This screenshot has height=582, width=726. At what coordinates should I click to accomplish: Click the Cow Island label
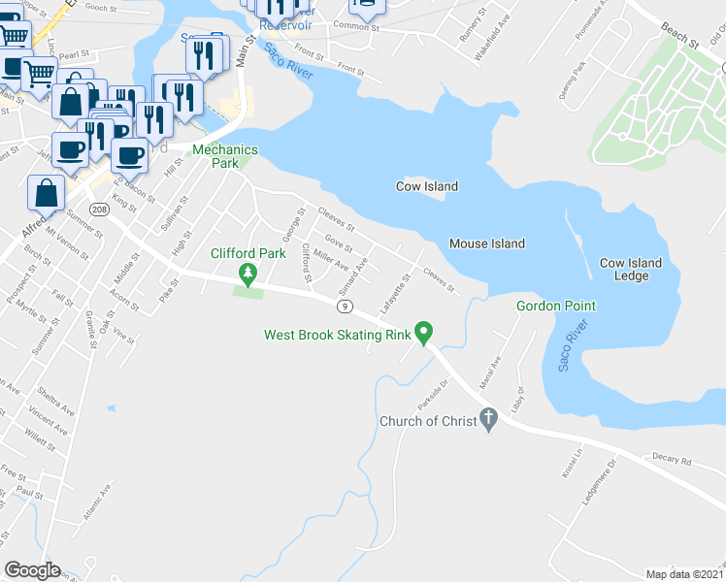pyautogui.click(x=426, y=186)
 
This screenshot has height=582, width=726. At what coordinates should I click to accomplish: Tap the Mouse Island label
pyautogui.click(x=487, y=243)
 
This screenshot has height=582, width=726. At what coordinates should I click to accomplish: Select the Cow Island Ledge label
pyautogui.click(x=630, y=270)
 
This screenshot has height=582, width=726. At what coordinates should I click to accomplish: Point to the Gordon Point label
pyautogui.click(x=555, y=306)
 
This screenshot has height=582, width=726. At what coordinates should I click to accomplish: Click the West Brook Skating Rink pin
pyautogui.click(x=423, y=333)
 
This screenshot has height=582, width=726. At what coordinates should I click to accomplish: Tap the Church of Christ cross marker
pyautogui.click(x=489, y=420)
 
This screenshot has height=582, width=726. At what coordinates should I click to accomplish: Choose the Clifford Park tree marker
pyautogui.click(x=248, y=275)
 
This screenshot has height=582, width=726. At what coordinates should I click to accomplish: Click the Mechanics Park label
pyautogui.click(x=225, y=156)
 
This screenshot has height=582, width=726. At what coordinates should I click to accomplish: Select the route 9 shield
pyautogui.click(x=345, y=307)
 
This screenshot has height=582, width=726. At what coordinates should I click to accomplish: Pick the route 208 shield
pyautogui.click(x=98, y=210)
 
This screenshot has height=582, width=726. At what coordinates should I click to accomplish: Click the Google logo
pyautogui.click(x=32, y=570)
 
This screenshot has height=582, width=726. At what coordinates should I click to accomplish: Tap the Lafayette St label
pyautogui.click(x=396, y=287)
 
